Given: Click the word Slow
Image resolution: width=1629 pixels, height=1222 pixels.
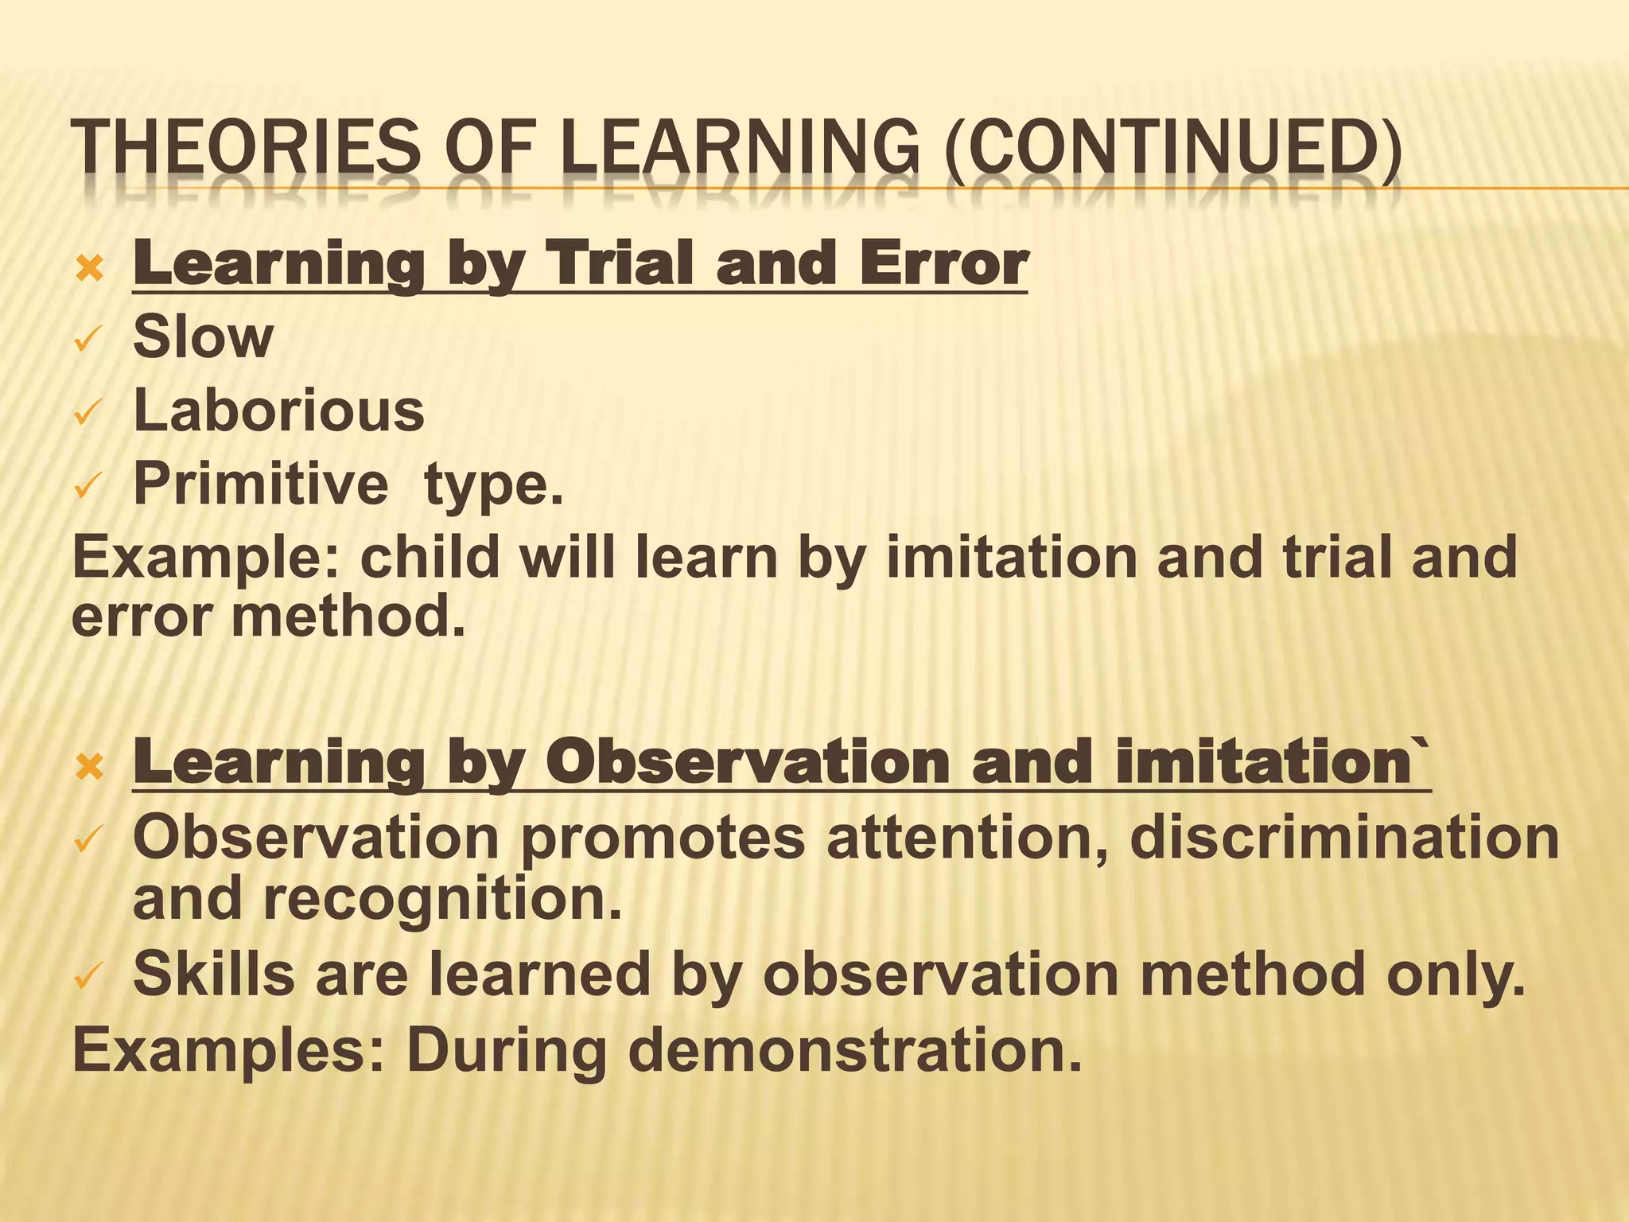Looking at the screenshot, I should [203, 337].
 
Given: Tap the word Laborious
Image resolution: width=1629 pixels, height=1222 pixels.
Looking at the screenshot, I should [278, 411].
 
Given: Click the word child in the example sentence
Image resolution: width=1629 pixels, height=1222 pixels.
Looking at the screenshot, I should [430, 557].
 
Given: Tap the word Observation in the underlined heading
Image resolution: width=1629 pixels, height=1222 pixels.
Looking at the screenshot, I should [748, 761].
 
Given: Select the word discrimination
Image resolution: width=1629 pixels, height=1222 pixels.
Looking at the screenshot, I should [1344, 838].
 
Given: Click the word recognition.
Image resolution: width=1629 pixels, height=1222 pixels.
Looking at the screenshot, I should [442, 898].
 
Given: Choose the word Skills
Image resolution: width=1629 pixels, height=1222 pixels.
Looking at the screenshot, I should [213, 974].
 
